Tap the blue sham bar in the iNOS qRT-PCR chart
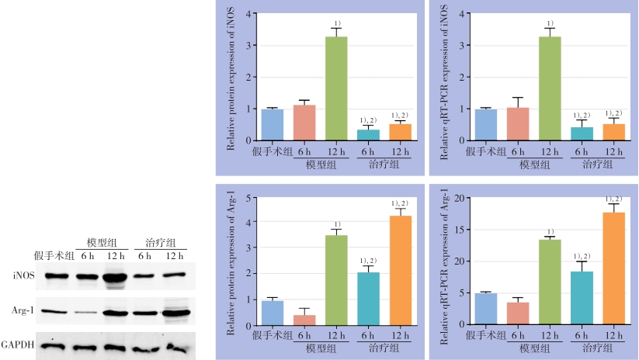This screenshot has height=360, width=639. pyautogui.click(x=486, y=124)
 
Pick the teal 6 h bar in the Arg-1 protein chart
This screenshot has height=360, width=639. pyautogui.click(x=368, y=299)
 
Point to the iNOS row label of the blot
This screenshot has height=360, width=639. pyautogui.click(x=23, y=275)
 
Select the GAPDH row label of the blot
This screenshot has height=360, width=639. pyautogui.click(x=18, y=344)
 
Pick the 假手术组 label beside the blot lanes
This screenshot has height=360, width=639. pyautogui.click(x=53, y=256)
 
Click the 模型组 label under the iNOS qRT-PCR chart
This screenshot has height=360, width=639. pyautogui.click(x=534, y=164)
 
